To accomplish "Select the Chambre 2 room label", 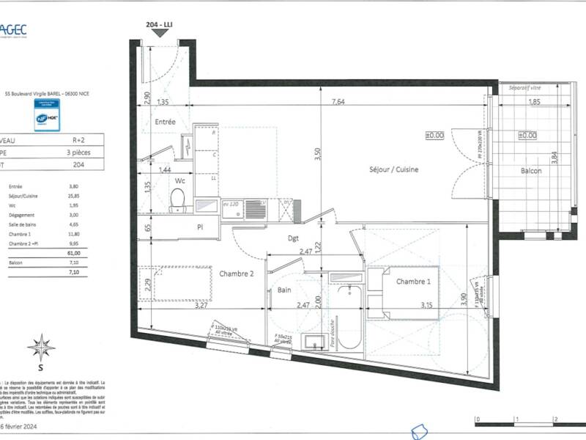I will pos(237,274).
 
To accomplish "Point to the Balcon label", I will pos(531,170).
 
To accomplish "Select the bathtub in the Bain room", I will pos(347,315).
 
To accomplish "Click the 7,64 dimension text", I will pos(338,102).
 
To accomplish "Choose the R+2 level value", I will pos(76,139).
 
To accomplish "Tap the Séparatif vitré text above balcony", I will pos(529,87).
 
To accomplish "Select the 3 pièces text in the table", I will pos(77,152).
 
